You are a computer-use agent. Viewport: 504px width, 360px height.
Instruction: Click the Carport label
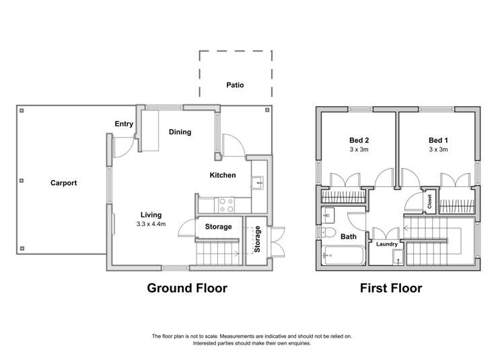coord(63,182)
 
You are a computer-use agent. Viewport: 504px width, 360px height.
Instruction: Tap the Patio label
coord(235,85)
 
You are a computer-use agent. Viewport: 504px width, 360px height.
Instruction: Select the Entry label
coord(124,123)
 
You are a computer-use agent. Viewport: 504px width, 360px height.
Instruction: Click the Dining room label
coord(180,132)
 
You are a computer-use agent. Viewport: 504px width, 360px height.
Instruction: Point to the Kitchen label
coord(223,175)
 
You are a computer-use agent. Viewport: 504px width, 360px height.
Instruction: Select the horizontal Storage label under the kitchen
coord(218,227)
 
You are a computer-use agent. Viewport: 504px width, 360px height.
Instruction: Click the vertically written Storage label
coord(257,240)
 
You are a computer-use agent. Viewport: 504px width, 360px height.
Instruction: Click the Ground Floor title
coord(187,289)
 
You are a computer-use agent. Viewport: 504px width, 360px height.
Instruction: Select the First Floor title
coord(392,289)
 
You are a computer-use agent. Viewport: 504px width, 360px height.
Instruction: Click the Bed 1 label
coord(438,140)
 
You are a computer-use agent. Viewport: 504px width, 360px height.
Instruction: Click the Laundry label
coord(386,244)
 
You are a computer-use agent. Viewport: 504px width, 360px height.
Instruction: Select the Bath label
coord(349,237)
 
